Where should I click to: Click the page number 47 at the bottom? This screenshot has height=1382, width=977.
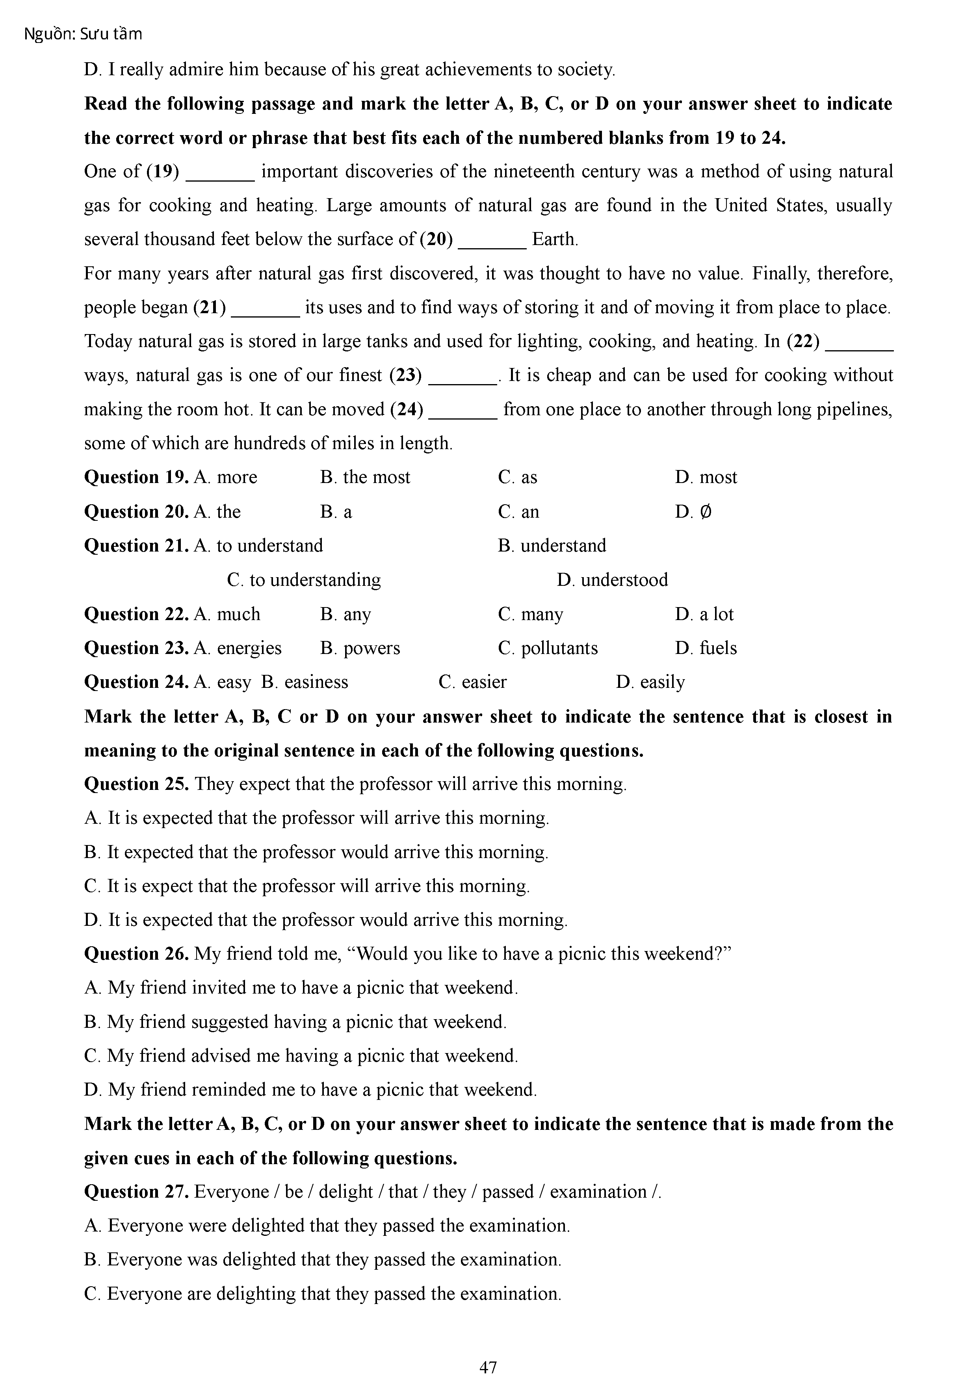(x=488, y=1367)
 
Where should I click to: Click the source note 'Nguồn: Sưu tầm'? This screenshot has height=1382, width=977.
(x=83, y=34)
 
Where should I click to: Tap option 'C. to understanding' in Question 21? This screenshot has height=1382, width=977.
(x=304, y=580)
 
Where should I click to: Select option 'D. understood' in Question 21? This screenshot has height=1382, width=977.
(x=612, y=580)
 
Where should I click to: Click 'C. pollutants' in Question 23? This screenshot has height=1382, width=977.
(x=548, y=648)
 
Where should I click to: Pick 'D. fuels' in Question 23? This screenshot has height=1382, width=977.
(x=706, y=648)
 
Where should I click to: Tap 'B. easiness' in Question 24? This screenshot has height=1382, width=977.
(x=305, y=682)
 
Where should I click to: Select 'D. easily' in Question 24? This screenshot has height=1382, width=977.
(x=651, y=682)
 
